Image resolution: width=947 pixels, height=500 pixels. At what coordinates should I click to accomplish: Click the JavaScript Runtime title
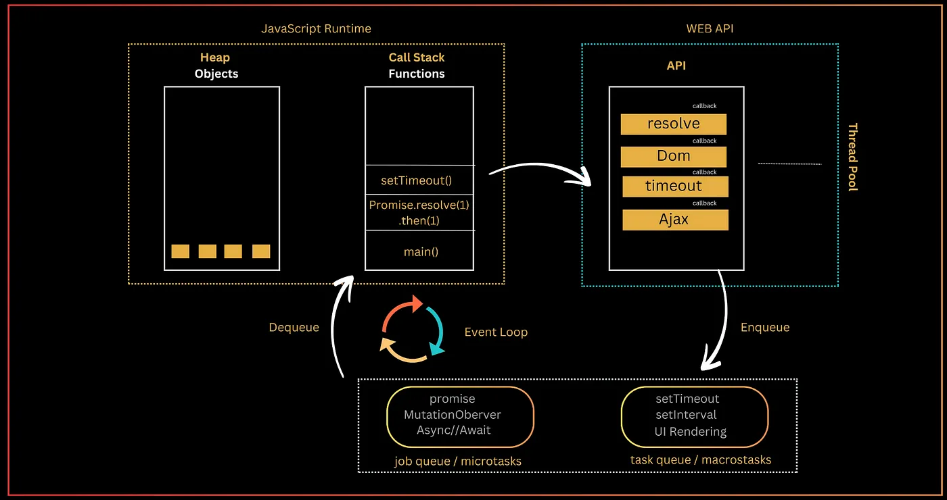coord(316,29)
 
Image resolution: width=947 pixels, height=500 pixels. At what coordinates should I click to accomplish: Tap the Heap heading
coord(215,58)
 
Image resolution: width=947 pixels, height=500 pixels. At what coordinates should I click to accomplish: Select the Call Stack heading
coord(417,58)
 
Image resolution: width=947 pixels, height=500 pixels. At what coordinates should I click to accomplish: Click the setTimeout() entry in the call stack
coord(417,180)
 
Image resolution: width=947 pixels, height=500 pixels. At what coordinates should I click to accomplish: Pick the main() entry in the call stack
coord(421,252)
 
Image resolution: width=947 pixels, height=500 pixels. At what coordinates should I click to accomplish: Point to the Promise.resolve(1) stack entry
coord(419,205)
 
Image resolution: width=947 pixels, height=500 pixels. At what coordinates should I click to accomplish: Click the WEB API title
coord(709,29)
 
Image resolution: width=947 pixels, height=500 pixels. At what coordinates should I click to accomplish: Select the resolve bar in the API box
coord(674,124)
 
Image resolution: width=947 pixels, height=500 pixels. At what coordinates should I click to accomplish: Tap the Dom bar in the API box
coord(674,156)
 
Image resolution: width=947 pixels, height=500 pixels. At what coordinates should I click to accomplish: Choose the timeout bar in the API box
coord(674,186)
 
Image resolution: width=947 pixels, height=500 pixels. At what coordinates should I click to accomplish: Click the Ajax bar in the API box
coord(674,220)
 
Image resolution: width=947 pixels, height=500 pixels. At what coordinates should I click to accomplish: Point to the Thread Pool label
coord(853,157)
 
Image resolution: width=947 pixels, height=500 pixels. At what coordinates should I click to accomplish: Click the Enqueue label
coord(765,328)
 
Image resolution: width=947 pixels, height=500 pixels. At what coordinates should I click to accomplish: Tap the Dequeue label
coord(294,328)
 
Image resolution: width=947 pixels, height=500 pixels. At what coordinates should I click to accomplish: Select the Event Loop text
coord(496,332)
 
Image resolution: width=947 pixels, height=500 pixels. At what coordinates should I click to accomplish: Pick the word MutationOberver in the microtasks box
coord(453,415)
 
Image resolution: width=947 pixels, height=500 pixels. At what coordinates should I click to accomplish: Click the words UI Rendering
coord(690,431)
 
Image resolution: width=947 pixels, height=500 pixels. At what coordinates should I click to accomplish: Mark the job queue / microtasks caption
coord(458,461)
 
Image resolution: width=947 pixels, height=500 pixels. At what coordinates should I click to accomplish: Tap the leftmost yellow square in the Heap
coord(180,251)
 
